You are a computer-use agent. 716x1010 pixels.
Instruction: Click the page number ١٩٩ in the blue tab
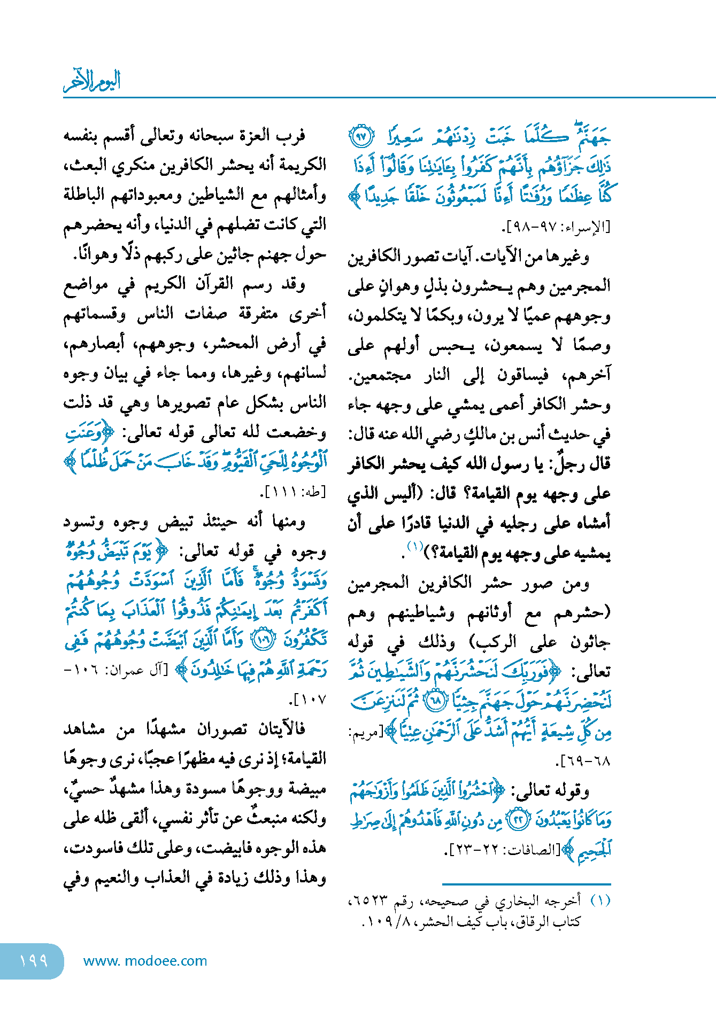[33, 960]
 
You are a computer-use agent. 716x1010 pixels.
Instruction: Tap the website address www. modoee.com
[145, 961]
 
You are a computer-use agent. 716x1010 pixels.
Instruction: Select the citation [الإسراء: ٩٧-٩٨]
[557, 227]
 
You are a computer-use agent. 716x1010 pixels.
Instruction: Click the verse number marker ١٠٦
[263, 640]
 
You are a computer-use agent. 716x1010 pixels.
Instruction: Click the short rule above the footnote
[526, 884]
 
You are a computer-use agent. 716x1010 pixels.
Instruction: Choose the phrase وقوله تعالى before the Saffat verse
[552, 790]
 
